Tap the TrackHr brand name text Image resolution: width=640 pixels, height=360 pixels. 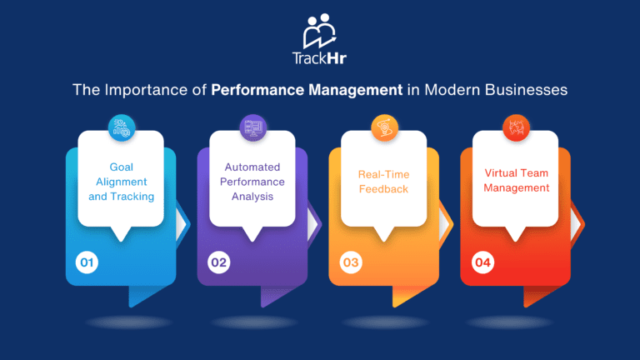(x=319, y=60)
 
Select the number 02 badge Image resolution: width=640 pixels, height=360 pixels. (x=217, y=263)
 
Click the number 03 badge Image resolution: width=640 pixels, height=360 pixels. (x=350, y=263)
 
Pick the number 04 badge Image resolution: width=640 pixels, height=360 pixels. (x=482, y=263)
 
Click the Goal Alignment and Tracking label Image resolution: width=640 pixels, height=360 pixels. (x=122, y=182)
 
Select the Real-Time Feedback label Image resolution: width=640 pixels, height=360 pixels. (x=385, y=182)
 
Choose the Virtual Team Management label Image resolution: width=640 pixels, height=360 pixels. (x=517, y=181)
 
